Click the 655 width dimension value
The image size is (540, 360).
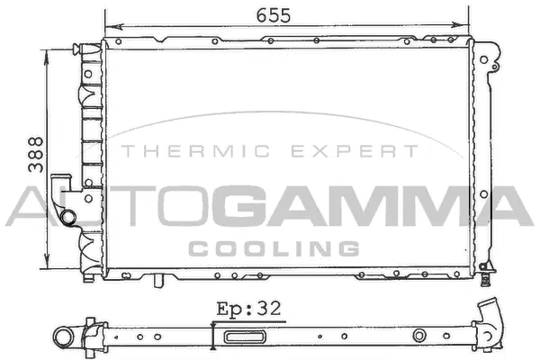tap(274, 15)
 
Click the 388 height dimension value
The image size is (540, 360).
tap(36, 155)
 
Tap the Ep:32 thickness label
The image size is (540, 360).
tap(248, 309)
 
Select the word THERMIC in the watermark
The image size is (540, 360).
tap(195, 151)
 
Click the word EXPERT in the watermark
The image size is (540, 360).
tap(355, 151)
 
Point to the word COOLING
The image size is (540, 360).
tap(274, 248)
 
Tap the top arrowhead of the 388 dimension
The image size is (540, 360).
tap(46, 58)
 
